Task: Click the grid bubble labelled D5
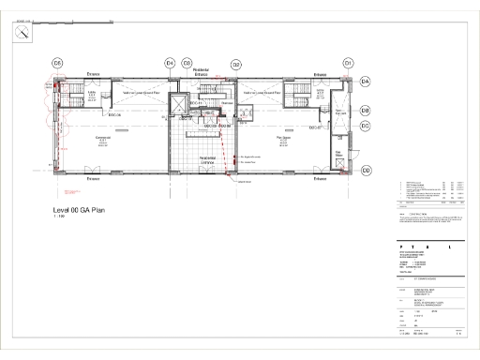(x=57, y=63)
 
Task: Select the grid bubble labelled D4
(x=170, y=63)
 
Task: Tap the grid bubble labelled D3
(x=187, y=63)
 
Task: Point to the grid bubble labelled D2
(x=236, y=63)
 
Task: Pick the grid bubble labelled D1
(x=348, y=63)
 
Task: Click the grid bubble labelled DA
(x=366, y=82)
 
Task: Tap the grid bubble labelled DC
(x=366, y=125)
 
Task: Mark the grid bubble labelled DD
(x=366, y=170)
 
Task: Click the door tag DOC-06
(x=117, y=115)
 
